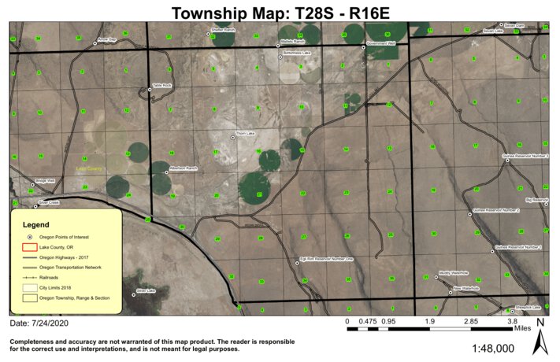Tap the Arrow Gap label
(x=107, y=39)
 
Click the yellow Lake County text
(x=89, y=168)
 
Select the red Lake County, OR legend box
(x=29, y=247)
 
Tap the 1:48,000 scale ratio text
(x=498, y=347)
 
